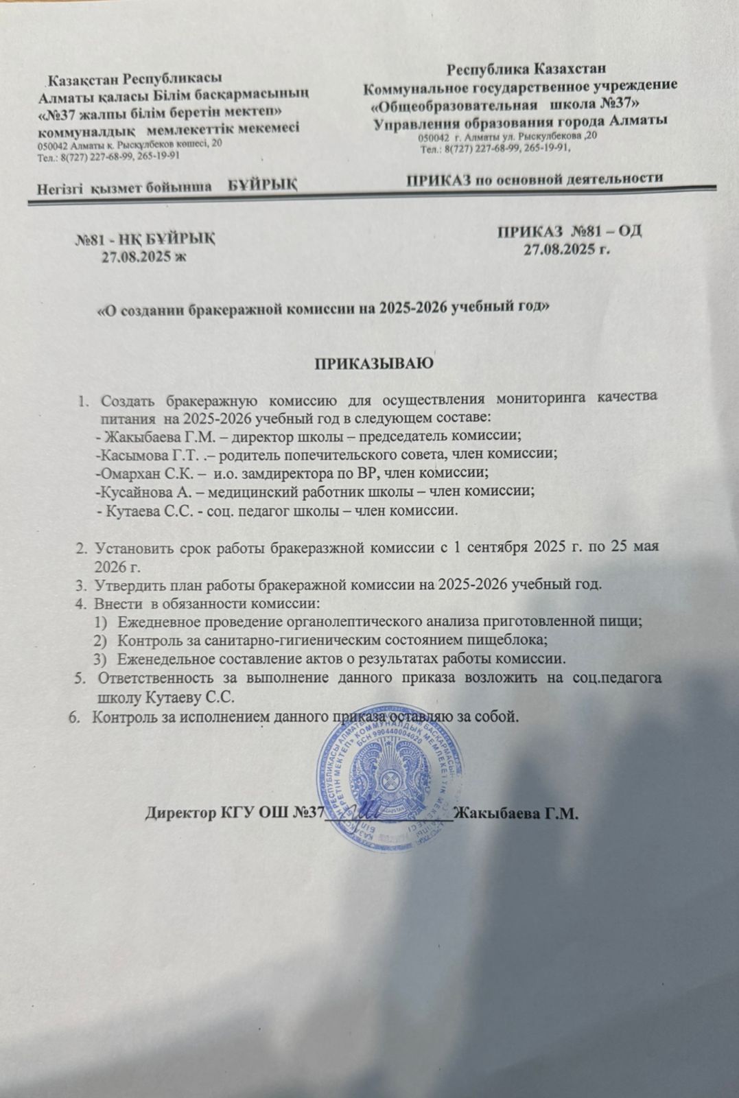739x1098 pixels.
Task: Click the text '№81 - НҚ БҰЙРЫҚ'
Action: (145, 240)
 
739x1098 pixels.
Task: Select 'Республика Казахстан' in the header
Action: (527, 69)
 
